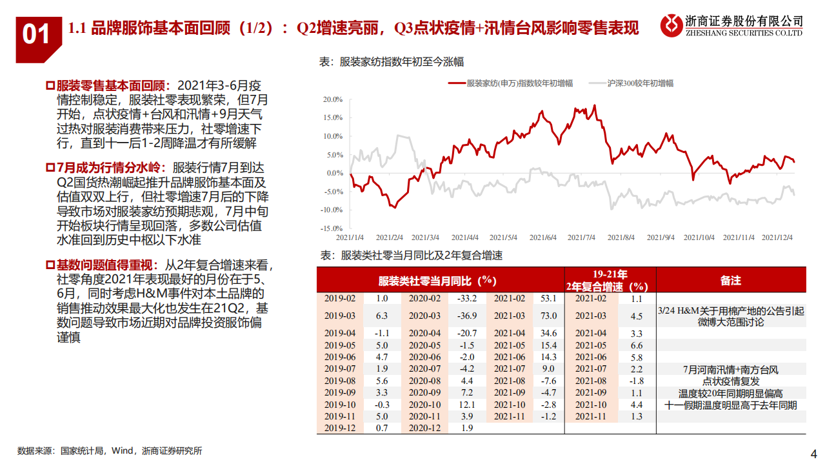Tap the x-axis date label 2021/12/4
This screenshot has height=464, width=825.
777,237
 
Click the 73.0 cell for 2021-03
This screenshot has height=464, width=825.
548,316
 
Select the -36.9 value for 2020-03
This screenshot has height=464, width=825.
466,316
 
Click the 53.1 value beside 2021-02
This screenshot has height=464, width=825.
548,298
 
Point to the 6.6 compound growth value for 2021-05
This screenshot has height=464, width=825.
636,345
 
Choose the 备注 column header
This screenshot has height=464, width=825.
730,281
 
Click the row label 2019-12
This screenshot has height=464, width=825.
339,427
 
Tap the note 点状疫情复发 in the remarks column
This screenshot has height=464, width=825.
731,381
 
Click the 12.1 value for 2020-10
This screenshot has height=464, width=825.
466,404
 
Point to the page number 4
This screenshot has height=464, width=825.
813,452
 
